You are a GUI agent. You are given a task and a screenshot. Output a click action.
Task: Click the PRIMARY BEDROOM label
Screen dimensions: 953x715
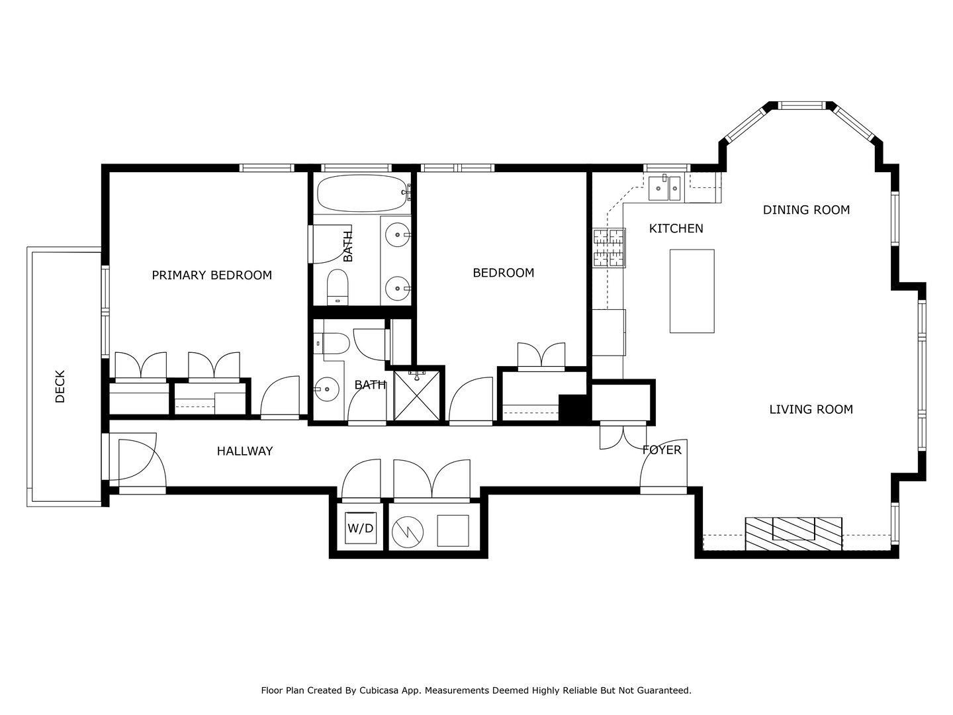pyautogui.click(x=211, y=275)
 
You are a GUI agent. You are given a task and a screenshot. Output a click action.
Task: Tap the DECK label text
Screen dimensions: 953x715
pyautogui.click(x=60, y=387)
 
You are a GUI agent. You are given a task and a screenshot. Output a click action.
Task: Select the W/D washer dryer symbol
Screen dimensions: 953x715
pyautogui.click(x=361, y=528)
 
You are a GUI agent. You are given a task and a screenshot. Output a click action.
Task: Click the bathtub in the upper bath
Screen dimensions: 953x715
pyautogui.click(x=361, y=193)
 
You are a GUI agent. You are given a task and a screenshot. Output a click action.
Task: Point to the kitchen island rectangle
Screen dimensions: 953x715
pyautogui.click(x=692, y=291)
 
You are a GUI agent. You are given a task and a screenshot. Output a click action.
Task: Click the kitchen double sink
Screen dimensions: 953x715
pyautogui.click(x=664, y=188)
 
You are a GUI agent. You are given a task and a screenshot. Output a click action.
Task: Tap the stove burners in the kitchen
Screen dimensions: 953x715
pyautogui.click(x=609, y=248)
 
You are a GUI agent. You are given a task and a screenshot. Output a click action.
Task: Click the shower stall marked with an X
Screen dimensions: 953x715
pyautogui.click(x=416, y=395)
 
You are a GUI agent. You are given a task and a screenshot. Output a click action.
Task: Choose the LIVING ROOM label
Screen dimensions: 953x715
pyautogui.click(x=811, y=409)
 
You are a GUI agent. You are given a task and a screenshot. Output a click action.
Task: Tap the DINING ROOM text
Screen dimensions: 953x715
pyautogui.click(x=806, y=210)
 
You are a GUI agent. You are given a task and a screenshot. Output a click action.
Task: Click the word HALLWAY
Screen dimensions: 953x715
pyautogui.click(x=245, y=452)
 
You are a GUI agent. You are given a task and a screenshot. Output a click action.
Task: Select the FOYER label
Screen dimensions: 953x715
pyautogui.click(x=662, y=450)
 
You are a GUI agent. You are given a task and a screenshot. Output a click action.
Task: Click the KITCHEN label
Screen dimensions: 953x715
pyautogui.click(x=676, y=229)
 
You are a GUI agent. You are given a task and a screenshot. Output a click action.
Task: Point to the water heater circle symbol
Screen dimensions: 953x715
pyautogui.click(x=407, y=532)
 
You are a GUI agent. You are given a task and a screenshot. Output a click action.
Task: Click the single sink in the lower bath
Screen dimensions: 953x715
pyautogui.click(x=326, y=389)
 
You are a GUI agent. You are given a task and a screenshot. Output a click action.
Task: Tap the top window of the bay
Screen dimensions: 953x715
pyautogui.click(x=801, y=105)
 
